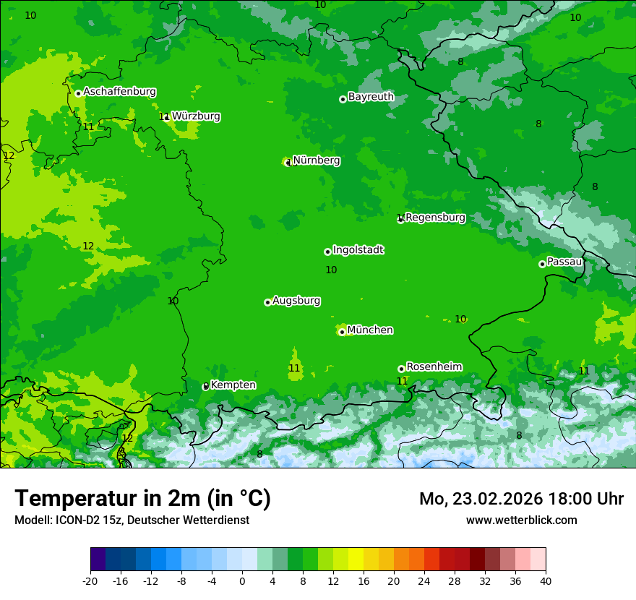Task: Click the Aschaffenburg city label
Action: pyautogui.click(x=119, y=92)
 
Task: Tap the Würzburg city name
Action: pyautogui.click(x=196, y=116)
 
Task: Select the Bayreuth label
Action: pyautogui.click(x=371, y=97)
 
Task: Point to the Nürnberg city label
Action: pyautogui.click(x=317, y=160)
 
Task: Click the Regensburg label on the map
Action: pyautogui.click(x=435, y=218)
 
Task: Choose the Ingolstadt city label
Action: pyautogui.click(x=358, y=250)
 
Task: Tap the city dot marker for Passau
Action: pyautogui.click(x=542, y=264)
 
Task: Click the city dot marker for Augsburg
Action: pyautogui.click(x=267, y=302)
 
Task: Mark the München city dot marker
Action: pyautogui.click(x=342, y=332)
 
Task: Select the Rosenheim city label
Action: pyautogui.click(x=434, y=367)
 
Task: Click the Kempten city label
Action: pyautogui.click(x=233, y=385)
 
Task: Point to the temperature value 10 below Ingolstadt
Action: pyautogui.click(x=331, y=270)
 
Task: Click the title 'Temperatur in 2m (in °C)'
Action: pyautogui.click(x=142, y=498)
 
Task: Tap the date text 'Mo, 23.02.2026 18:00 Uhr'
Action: pyautogui.click(x=521, y=499)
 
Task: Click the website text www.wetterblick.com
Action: pyautogui.click(x=521, y=520)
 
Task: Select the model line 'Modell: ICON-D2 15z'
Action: pyautogui.click(x=132, y=520)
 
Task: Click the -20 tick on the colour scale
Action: pyautogui.click(x=90, y=580)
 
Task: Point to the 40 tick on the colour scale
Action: pyautogui.click(x=546, y=580)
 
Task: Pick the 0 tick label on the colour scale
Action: pyautogui.click(x=242, y=580)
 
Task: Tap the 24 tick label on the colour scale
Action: pyautogui.click(x=424, y=580)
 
